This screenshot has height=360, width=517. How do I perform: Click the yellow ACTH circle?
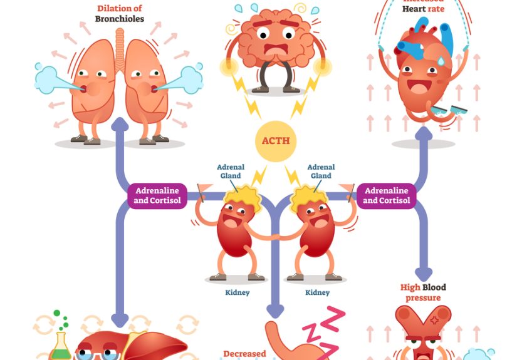click(276, 141)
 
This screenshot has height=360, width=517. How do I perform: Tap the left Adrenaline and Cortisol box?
click(157, 195)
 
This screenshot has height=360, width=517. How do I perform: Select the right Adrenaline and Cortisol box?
click(386, 195)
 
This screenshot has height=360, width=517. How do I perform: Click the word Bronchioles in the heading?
click(120, 19)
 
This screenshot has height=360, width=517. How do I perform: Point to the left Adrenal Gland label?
click(231, 172)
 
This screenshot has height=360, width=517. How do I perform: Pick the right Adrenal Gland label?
click(321, 172)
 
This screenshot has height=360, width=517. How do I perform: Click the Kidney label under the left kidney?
click(236, 292)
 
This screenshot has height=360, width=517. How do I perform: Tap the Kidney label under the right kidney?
click(317, 292)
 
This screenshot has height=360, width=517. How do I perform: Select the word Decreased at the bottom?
click(245, 354)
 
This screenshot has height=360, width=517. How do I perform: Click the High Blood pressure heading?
click(423, 292)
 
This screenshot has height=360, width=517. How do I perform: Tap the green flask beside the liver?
click(61, 346)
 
